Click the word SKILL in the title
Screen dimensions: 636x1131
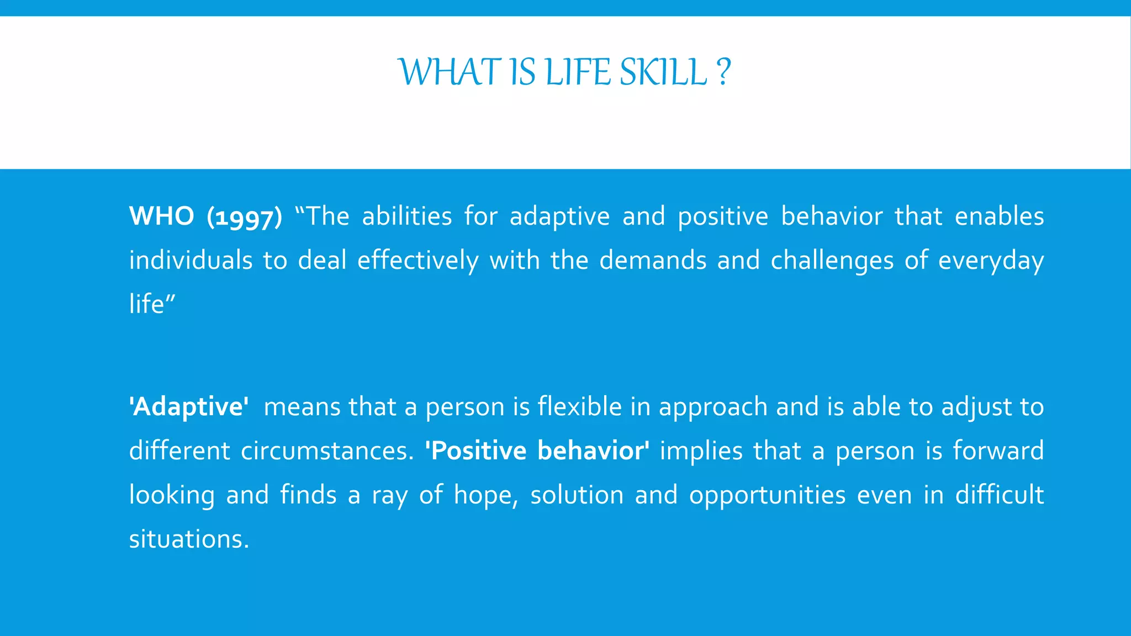tap(663, 72)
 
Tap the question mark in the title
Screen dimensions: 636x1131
tap(723, 72)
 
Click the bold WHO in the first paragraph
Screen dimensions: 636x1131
tap(161, 216)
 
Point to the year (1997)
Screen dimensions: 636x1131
tap(244, 217)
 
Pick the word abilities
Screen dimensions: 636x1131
tap(407, 216)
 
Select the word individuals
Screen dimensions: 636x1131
tap(191, 260)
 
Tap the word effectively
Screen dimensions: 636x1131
tap(417, 261)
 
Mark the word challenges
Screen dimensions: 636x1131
tap(832, 261)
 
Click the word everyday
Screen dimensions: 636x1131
tap(991, 261)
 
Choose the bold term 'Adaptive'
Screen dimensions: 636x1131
tap(189, 407)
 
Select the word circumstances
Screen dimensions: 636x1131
tap(327, 451)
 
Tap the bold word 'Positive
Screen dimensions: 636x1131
tap(476, 451)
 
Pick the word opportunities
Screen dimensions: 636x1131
tap(767, 495)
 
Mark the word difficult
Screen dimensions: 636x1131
tap(1000, 495)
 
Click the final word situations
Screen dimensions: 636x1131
tap(189, 539)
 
